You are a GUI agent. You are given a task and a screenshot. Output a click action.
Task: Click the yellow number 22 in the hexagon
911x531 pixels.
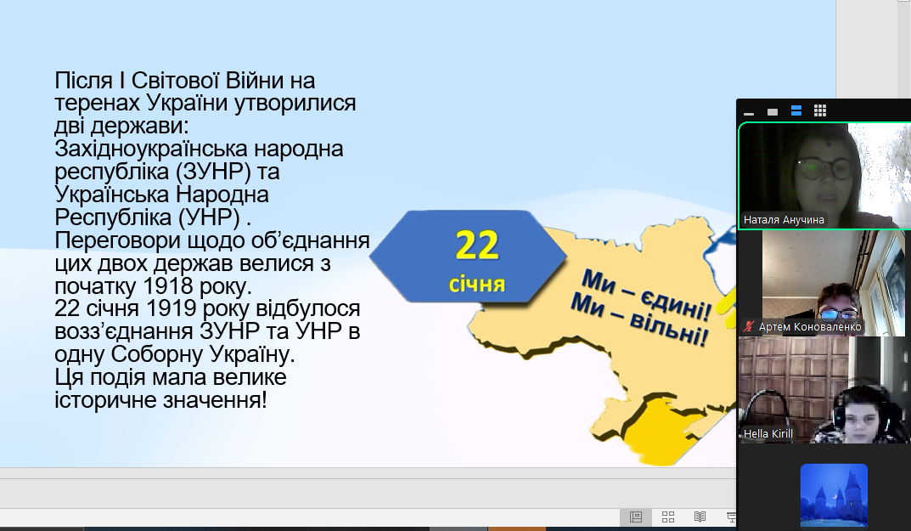coord(477,245)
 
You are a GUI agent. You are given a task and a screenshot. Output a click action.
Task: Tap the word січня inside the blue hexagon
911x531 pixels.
coord(477,284)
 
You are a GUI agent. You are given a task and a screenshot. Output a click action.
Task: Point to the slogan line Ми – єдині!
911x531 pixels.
coord(646,295)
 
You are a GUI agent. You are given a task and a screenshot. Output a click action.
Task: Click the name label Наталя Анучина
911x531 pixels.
coord(784,220)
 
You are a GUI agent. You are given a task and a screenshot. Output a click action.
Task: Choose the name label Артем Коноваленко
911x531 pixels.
coord(810,327)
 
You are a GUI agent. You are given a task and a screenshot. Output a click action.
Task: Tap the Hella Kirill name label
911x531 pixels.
coord(768,434)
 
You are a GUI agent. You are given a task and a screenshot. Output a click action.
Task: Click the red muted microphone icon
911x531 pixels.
coord(749,327)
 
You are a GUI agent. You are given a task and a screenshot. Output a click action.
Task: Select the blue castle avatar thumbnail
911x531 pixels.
coord(834,495)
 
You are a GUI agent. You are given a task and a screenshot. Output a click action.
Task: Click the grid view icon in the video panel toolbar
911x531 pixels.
coord(820,110)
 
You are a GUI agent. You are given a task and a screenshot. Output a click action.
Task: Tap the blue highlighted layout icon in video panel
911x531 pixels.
coord(796,110)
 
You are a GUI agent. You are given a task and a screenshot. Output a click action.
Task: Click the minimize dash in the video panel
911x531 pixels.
coord(749,113)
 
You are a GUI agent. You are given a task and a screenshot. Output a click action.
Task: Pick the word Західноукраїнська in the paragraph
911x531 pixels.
coord(150,149)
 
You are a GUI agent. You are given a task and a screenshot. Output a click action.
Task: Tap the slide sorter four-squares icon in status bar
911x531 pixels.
coord(668,517)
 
